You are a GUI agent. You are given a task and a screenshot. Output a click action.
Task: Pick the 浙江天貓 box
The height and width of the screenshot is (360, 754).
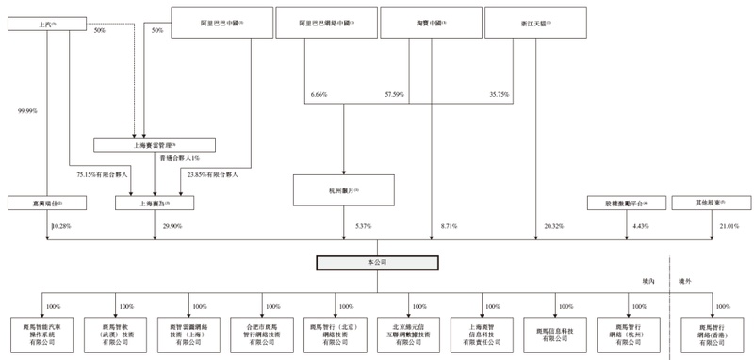coord(535,22)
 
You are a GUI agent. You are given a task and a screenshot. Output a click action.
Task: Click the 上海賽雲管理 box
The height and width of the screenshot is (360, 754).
coord(155,145)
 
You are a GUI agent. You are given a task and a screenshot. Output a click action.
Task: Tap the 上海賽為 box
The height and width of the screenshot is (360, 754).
coord(155,203)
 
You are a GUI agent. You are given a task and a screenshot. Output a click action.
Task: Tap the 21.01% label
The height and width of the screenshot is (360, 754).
coord(729,226)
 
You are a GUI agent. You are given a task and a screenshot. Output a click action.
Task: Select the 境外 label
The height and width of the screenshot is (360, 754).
coord(687,280)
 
